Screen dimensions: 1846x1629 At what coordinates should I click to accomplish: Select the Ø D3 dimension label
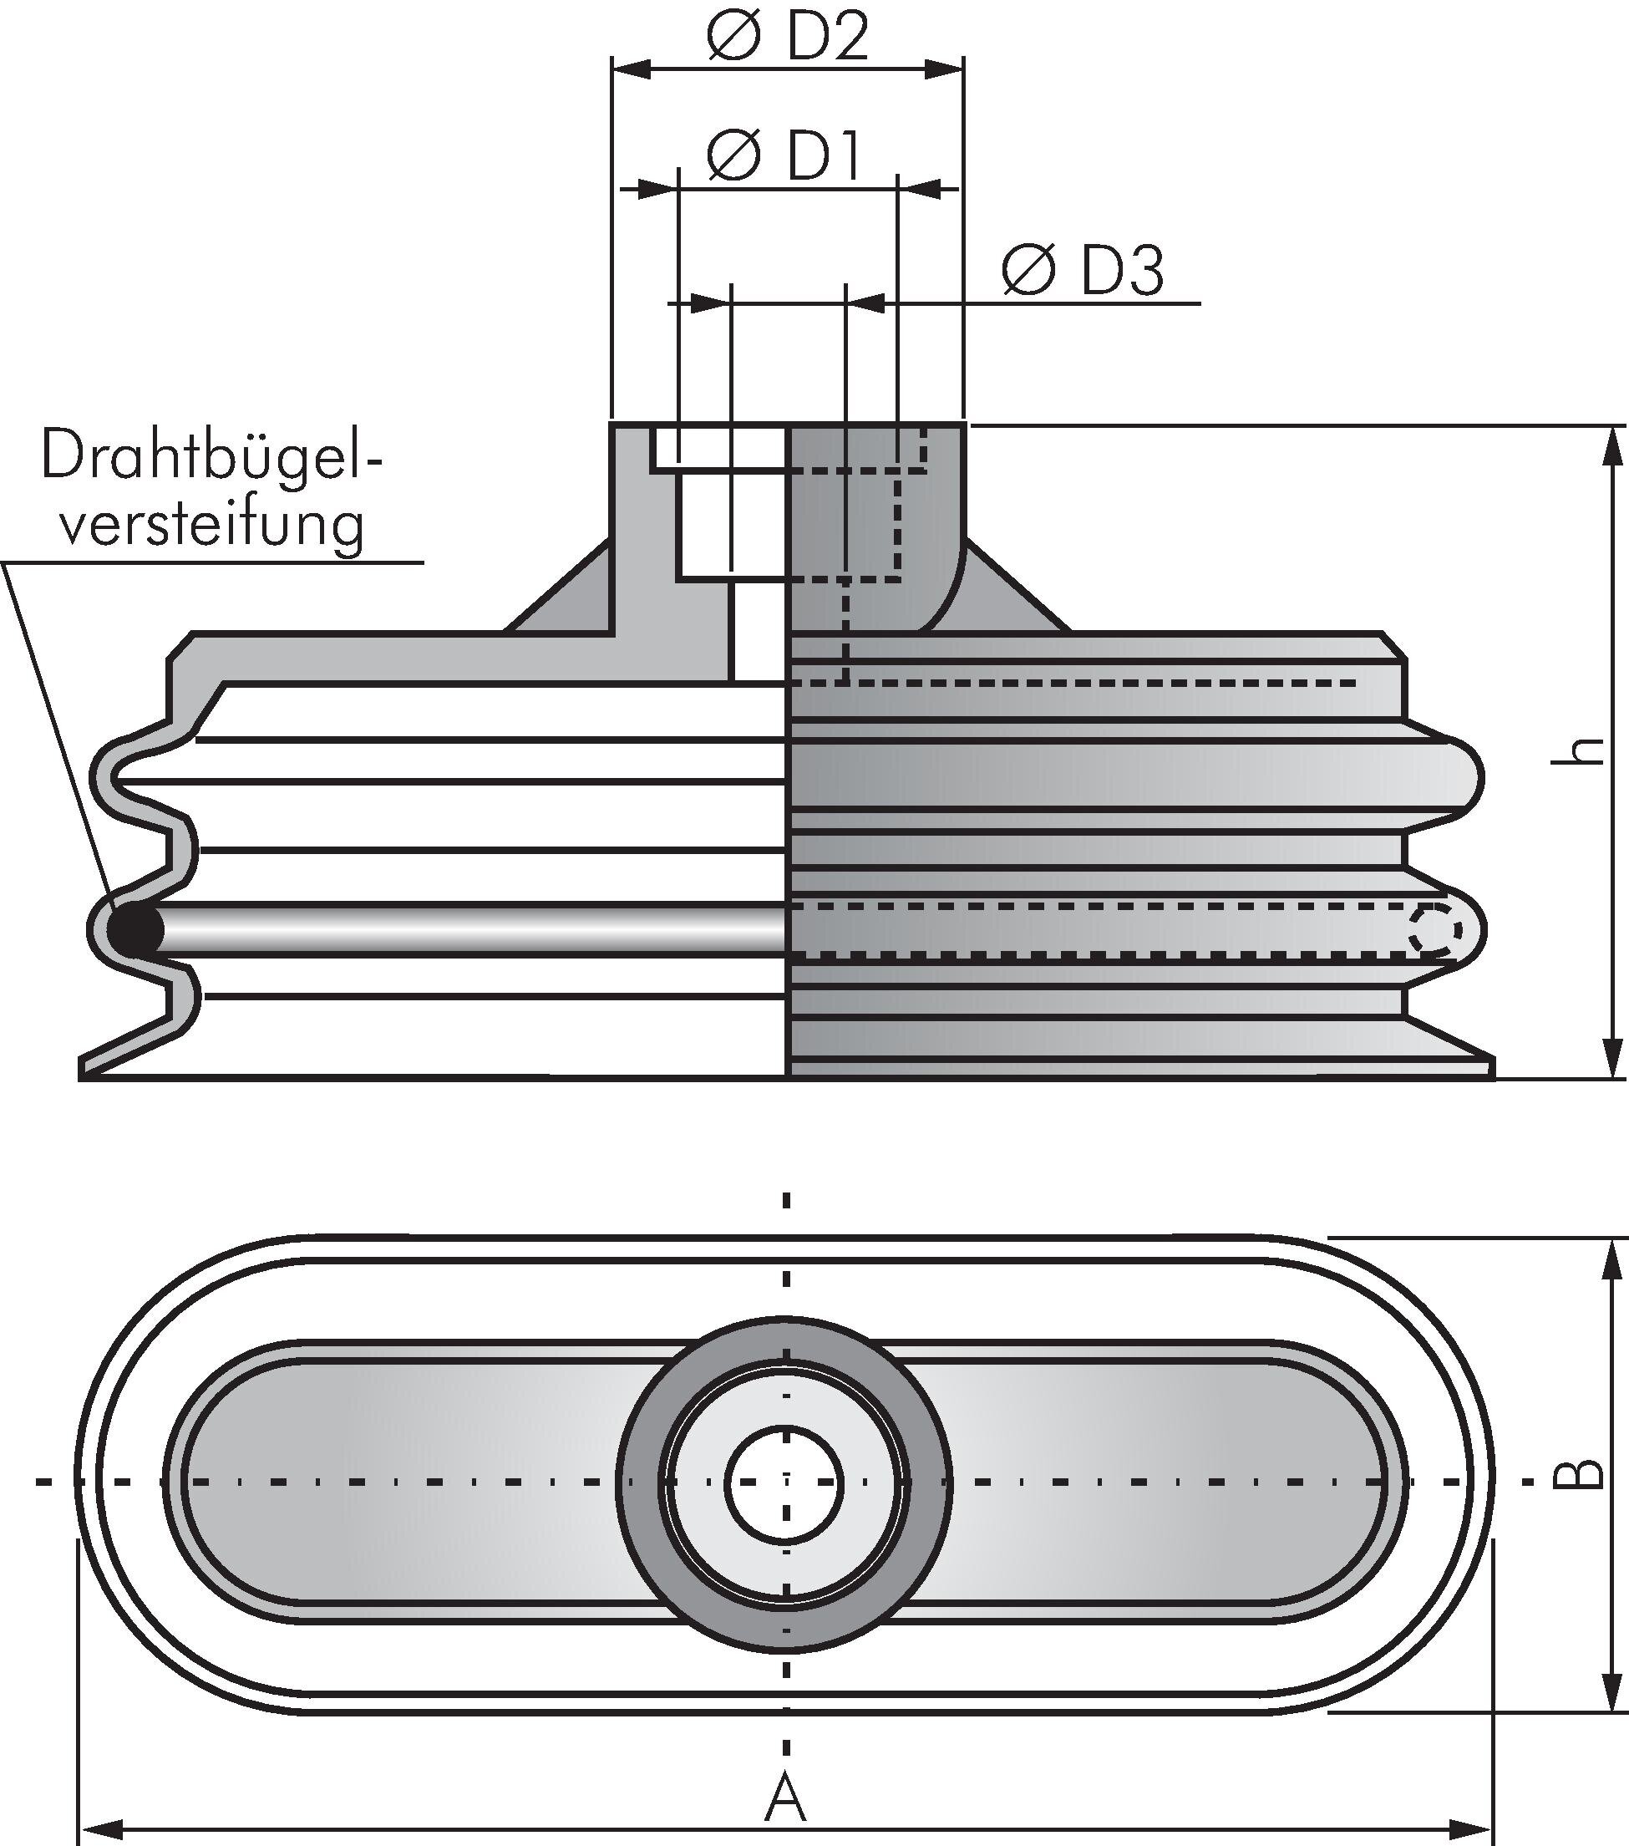[1082, 269]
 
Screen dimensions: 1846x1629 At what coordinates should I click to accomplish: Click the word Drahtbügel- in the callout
[211, 458]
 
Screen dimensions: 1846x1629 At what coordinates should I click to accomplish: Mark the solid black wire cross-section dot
[135, 928]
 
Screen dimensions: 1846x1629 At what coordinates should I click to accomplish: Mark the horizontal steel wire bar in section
[469, 928]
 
